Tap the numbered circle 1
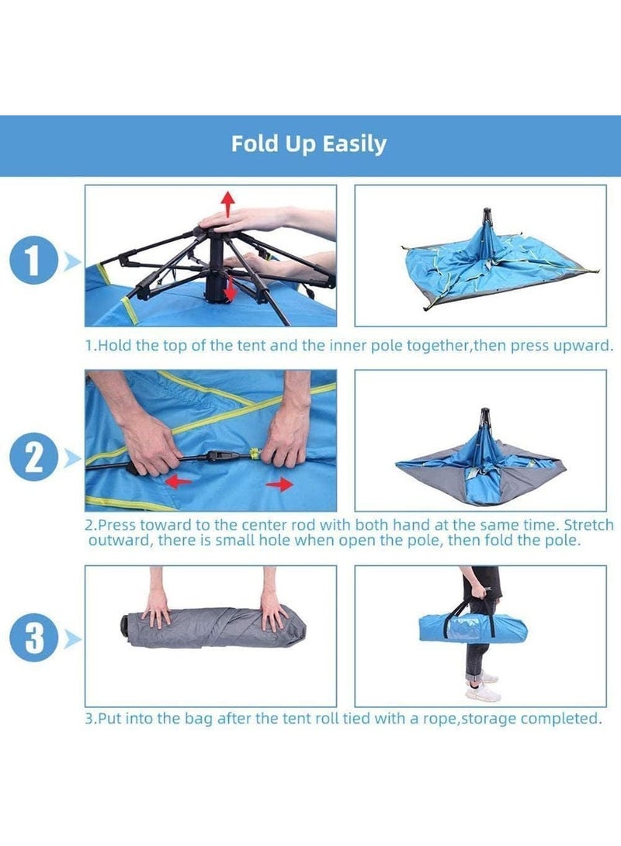[33, 261]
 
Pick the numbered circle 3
[33, 638]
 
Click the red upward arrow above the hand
[228, 203]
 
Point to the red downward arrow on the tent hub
[230, 288]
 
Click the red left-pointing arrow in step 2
[178, 481]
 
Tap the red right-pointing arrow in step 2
[279, 485]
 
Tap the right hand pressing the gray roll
[272, 610]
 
